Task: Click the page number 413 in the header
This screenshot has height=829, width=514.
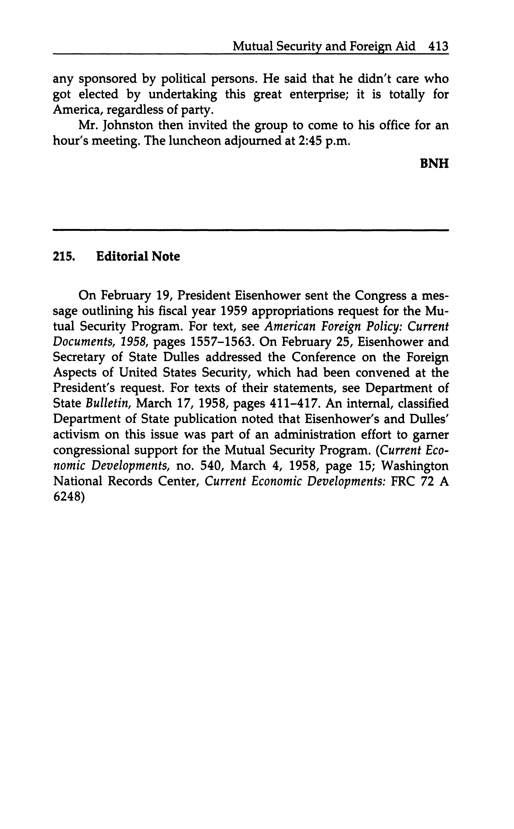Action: click(439, 46)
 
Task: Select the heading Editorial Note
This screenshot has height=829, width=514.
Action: click(138, 256)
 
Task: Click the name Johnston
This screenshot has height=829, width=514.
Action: click(128, 125)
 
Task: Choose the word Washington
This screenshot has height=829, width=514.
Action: click(415, 466)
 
